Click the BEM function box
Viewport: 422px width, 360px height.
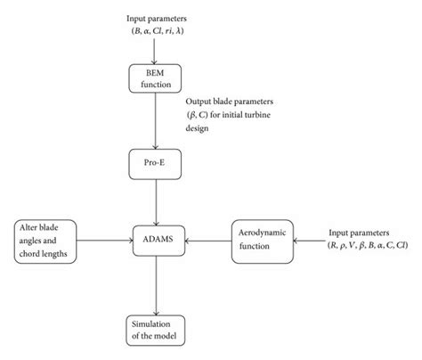158,78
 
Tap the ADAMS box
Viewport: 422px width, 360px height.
158,239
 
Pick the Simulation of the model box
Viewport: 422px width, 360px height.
158,330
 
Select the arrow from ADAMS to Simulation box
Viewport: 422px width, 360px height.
158,283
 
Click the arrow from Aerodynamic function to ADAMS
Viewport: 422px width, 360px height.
208,239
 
